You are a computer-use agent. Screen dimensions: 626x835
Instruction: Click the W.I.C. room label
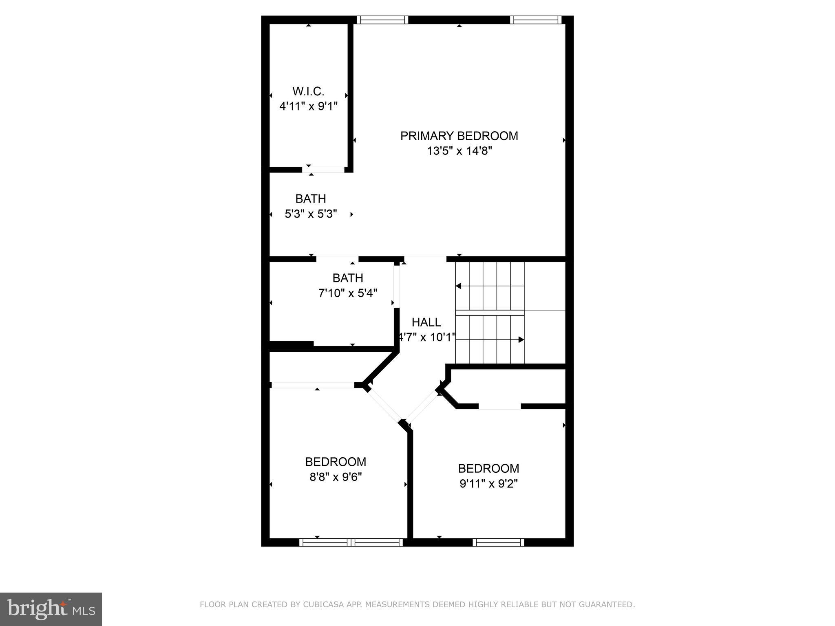point(308,91)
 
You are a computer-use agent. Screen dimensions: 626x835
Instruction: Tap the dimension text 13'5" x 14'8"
point(459,151)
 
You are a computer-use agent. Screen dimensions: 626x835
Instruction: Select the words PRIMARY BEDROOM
point(459,136)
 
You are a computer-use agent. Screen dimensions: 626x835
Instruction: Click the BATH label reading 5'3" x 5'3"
point(310,199)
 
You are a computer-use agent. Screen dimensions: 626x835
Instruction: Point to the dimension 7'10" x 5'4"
point(347,293)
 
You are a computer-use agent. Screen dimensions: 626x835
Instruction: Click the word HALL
point(426,322)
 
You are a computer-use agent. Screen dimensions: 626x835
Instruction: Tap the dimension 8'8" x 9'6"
point(336,477)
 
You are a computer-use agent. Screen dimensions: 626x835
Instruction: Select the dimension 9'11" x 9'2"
point(488,484)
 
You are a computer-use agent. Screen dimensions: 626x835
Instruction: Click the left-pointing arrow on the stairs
point(458,286)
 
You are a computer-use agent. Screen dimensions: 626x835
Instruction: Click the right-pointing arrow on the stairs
point(521,339)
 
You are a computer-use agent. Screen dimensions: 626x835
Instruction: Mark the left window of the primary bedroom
point(382,20)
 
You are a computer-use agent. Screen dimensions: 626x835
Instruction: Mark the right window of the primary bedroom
point(535,20)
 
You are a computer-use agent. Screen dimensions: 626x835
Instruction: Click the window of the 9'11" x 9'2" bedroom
point(498,542)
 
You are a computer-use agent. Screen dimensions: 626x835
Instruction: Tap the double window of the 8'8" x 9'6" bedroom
point(351,542)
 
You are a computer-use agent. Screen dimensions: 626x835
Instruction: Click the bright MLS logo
point(51,609)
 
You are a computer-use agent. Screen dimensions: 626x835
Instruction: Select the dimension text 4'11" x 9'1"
point(308,106)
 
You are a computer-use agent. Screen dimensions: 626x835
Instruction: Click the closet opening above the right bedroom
point(499,406)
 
